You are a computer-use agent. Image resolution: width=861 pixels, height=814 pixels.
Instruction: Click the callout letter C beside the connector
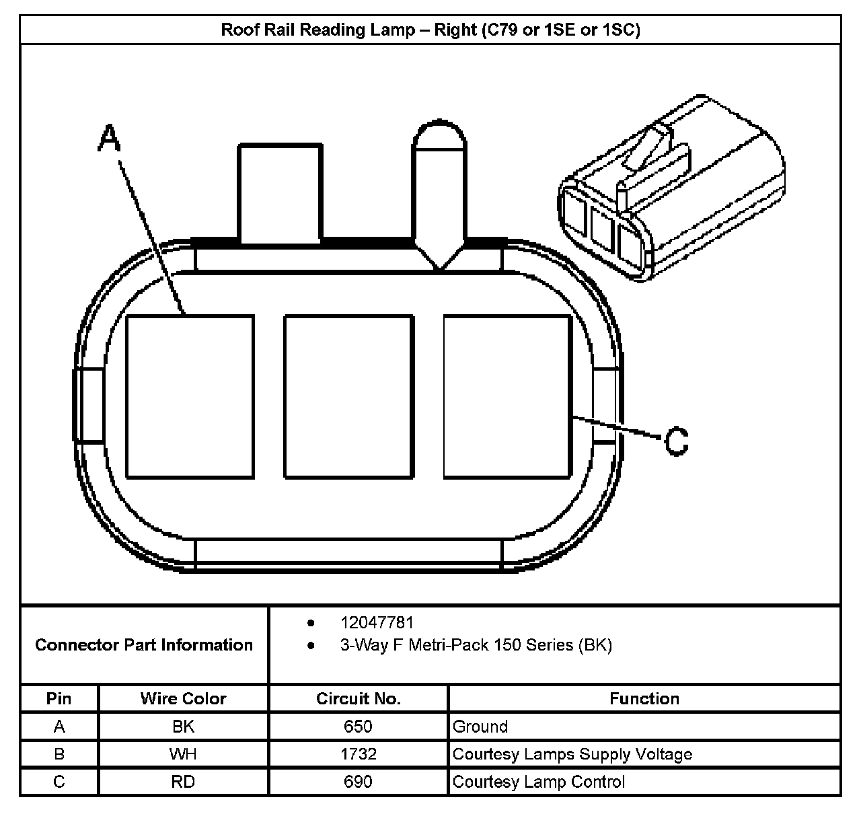point(676,442)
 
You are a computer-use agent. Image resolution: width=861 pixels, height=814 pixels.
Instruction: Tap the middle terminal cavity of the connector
point(349,397)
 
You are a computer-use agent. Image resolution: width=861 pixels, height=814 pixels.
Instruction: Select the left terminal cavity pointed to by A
point(190,397)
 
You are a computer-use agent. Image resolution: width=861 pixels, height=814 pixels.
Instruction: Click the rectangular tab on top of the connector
point(279,193)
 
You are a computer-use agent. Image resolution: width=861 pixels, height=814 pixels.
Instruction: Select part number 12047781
point(377,623)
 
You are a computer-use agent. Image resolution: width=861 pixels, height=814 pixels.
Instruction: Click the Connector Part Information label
point(144,645)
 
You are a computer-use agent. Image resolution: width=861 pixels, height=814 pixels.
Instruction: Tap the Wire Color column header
point(183,698)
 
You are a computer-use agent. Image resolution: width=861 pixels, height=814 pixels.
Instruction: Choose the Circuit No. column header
point(359,698)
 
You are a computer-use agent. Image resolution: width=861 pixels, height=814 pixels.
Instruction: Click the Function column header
point(644,698)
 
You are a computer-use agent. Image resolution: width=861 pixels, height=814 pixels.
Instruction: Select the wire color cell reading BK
point(183,727)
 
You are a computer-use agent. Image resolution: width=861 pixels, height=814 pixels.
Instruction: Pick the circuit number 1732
point(359,754)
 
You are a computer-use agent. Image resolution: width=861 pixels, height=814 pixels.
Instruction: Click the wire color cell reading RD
point(183,782)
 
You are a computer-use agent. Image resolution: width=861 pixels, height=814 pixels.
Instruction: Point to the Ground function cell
point(480,727)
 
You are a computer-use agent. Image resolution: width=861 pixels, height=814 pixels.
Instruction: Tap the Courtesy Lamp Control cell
point(539,782)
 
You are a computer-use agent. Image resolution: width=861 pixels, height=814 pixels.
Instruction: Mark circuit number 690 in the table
point(359,782)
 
